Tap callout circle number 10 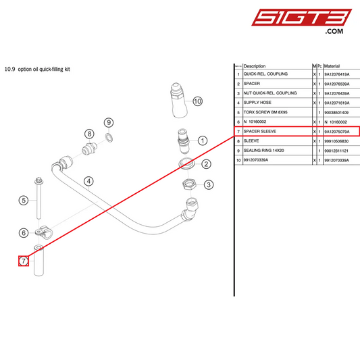point(197,101)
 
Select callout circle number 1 point(203,141)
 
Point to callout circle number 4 point(88,180)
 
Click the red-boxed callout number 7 point(23,261)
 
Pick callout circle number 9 point(108,122)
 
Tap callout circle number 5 point(23,201)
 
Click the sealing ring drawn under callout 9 point(108,138)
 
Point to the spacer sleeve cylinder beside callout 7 point(38,261)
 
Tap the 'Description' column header point(255,66)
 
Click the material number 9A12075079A point(337,131)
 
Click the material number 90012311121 point(337,151)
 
